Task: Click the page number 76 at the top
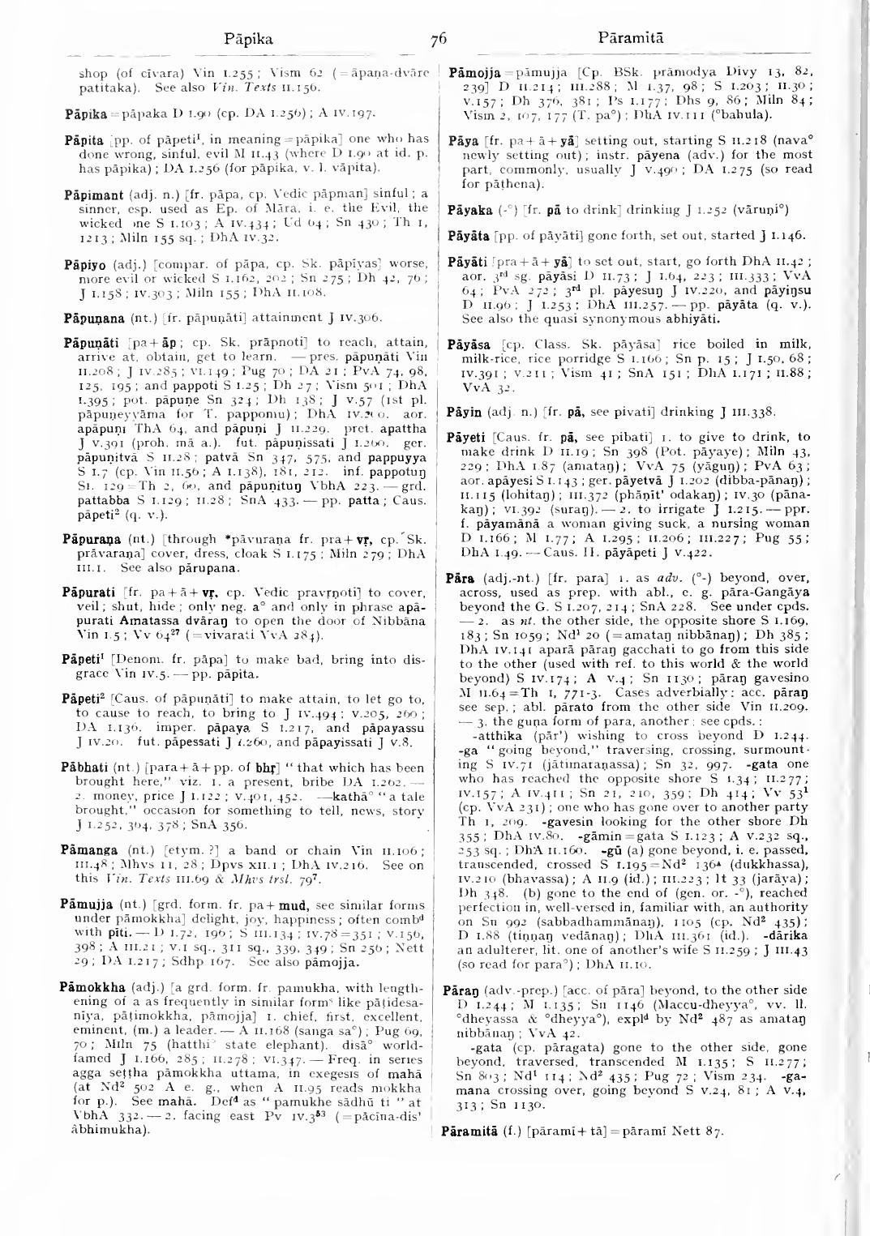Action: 439,38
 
